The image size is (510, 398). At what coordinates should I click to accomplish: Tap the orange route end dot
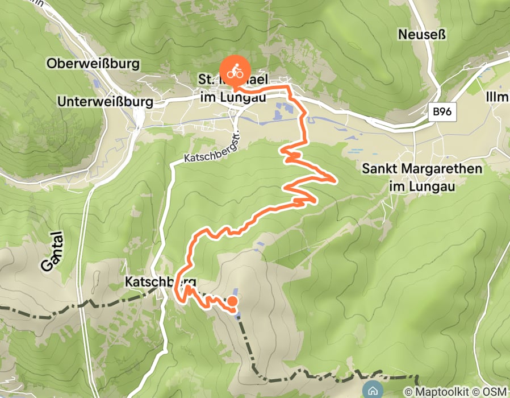[x=232, y=301]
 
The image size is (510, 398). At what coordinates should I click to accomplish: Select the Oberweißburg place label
[x=94, y=64]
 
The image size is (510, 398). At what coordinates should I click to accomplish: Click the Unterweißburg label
[x=106, y=102]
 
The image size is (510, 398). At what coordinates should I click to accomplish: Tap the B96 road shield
[x=442, y=112]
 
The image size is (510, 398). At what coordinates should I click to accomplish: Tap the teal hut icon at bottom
[x=373, y=391]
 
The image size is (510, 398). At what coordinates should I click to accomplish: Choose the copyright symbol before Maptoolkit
[x=408, y=391]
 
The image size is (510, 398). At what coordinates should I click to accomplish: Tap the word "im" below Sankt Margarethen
[x=398, y=186]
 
